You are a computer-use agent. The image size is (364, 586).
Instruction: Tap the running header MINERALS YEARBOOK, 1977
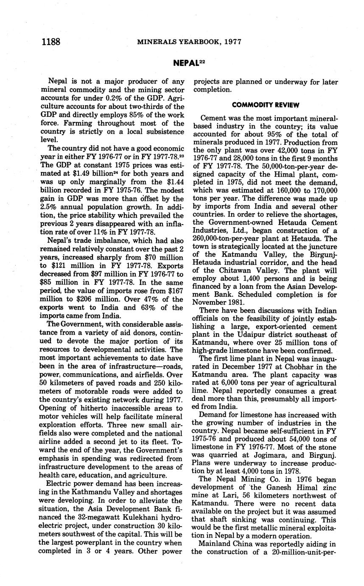coord(189,42)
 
